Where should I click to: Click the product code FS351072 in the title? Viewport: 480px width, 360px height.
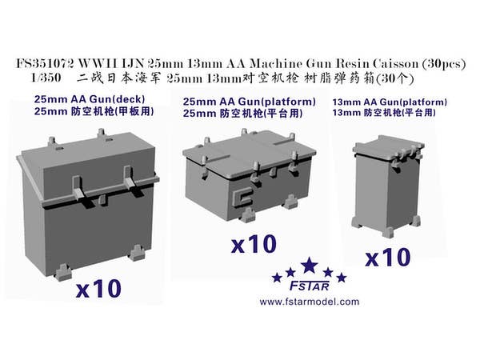click(44, 64)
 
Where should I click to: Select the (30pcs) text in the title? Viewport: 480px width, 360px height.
click(443, 64)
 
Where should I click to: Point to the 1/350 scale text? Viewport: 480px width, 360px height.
click(46, 78)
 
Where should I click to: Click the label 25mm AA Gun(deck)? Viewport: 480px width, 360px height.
click(90, 99)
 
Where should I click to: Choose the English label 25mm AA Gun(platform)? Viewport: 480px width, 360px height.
click(249, 102)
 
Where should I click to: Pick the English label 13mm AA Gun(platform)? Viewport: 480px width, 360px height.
click(390, 102)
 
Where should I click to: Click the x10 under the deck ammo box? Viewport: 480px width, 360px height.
click(98, 289)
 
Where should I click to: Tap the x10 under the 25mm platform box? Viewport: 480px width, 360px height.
click(254, 244)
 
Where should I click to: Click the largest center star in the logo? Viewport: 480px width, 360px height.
click(310, 266)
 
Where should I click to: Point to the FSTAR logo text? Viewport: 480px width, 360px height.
click(309, 286)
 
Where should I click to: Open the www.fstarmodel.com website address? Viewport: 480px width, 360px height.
click(309, 302)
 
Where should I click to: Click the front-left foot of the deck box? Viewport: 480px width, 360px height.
click(64, 272)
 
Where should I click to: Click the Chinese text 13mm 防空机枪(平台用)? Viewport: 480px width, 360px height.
click(384, 113)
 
